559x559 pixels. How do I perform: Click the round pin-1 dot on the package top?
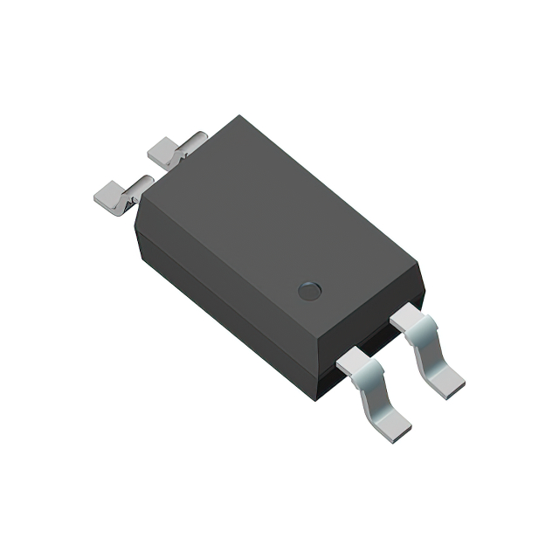tap(309, 291)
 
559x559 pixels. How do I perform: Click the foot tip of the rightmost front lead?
tap(450, 383)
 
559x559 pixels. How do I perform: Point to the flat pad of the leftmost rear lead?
tap(111, 194)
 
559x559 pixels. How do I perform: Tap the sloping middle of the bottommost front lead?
tap(376, 397)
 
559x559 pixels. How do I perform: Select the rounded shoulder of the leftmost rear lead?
tap(140, 185)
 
